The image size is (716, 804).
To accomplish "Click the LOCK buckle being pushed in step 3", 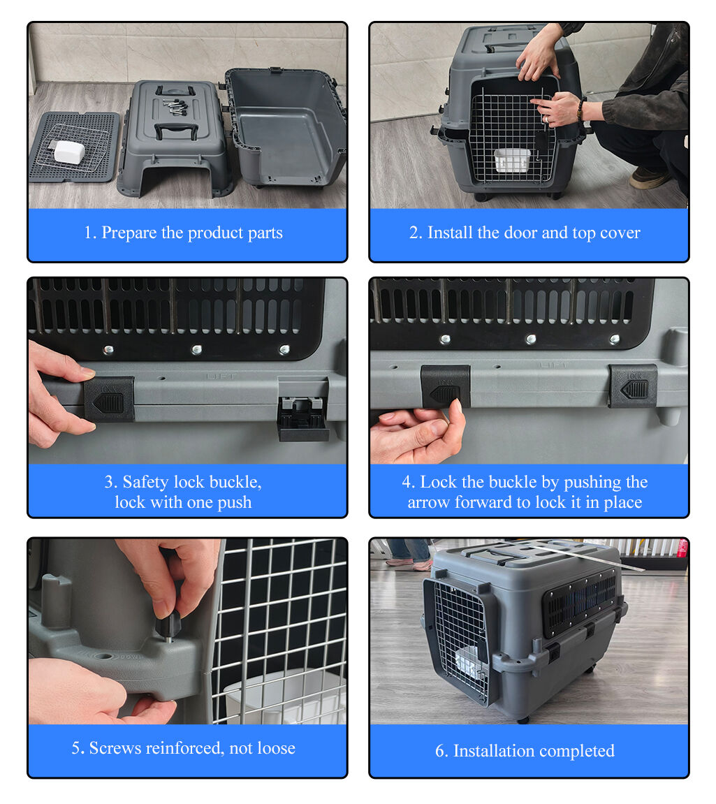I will tap(110, 400).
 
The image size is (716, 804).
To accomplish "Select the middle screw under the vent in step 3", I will tap(197, 348).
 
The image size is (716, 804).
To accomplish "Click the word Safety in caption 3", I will tap(146, 482).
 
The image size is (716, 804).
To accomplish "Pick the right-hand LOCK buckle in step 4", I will tap(633, 385).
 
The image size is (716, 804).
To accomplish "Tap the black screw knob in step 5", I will tap(170, 619).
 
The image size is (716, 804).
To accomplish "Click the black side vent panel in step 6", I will tap(580, 600).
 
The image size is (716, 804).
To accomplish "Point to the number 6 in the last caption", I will tap(440, 751).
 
